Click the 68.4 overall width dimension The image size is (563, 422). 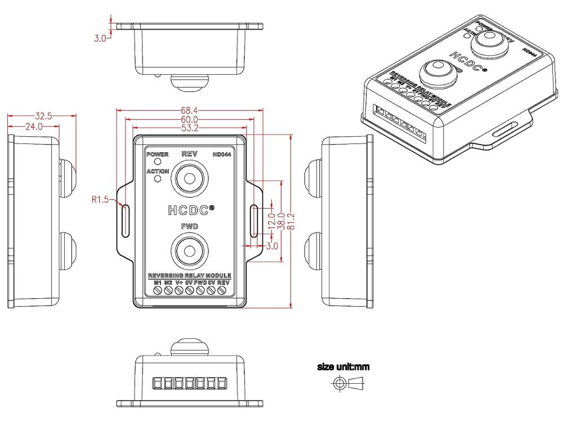click(189, 111)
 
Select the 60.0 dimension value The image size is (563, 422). click(189, 119)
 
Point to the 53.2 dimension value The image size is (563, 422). click(189, 128)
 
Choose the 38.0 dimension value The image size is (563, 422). click(281, 222)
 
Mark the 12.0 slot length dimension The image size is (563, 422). click(272, 217)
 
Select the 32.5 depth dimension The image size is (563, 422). click(43, 116)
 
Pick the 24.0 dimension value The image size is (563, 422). click(33, 127)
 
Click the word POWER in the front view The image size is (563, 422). click(157, 154)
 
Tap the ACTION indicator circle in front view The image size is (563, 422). click(158, 179)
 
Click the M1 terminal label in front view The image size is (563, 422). click(158, 282)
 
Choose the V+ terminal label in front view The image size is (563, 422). click(179, 282)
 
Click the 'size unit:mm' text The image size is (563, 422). click(343, 367)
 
